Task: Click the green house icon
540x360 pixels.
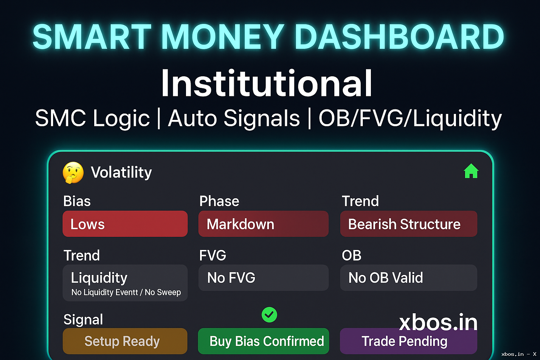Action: click(x=471, y=171)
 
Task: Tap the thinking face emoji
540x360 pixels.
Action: click(x=73, y=173)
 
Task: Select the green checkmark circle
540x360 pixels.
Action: click(x=269, y=315)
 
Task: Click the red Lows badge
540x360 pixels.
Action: click(x=125, y=224)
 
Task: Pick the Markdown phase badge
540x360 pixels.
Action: click(x=263, y=224)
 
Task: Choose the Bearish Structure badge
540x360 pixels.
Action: click(x=409, y=224)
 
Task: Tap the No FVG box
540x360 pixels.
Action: click(x=263, y=278)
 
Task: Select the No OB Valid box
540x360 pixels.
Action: click(x=409, y=278)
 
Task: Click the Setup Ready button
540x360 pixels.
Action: click(x=125, y=341)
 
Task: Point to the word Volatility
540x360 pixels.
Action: click(x=121, y=172)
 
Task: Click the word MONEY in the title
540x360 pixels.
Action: click(x=222, y=37)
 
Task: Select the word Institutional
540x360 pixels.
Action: click(x=266, y=83)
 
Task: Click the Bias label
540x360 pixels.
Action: click(x=77, y=201)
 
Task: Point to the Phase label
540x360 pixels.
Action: click(x=219, y=201)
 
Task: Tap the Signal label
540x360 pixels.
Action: click(x=83, y=320)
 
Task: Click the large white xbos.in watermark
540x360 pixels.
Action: click(x=438, y=322)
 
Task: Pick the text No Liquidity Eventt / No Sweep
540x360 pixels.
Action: click(x=126, y=292)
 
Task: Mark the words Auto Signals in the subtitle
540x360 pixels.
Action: click(x=234, y=118)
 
